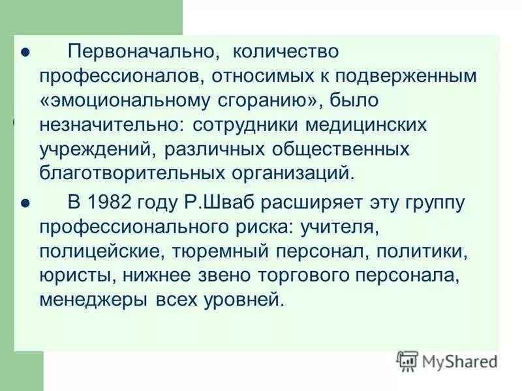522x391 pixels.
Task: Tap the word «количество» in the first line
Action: (286, 51)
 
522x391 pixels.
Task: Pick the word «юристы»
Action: (76, 276)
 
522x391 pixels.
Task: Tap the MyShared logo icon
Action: (407, 360)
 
